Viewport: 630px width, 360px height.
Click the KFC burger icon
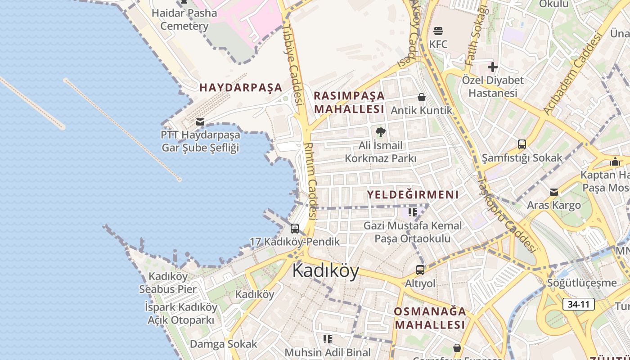click(x=438, y=31)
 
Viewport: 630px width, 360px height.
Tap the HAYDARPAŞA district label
click(x=241, y=87)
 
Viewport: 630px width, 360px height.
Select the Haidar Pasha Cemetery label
click(x=184, y=19)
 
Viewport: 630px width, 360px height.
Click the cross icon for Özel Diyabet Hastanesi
click(x=493, y=67)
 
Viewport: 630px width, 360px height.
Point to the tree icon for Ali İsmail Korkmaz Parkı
click(x=381, y=132)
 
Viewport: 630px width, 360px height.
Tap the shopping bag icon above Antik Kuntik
click(x=422, y=97)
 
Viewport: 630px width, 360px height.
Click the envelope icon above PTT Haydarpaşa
click(x=200, y=121)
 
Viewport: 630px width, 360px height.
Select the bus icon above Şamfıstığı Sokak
click(x=522, y=144)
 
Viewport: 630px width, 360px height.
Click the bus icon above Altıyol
click(x=420, y=270)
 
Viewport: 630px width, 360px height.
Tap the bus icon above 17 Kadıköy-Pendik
click(x=295, y=229)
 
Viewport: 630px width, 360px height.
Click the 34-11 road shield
click(x=578, y=304)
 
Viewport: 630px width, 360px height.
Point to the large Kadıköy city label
click(x=326, y=271)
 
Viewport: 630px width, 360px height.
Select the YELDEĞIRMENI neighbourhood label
click(x=413, y=195)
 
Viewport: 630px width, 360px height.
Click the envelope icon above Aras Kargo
click(x=554, y=192)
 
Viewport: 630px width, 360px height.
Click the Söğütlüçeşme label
click(x=582, y=283)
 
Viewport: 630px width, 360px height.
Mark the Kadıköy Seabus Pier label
click(x=168, y=283)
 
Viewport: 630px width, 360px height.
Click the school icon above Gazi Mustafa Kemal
click(x=413, y=212)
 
